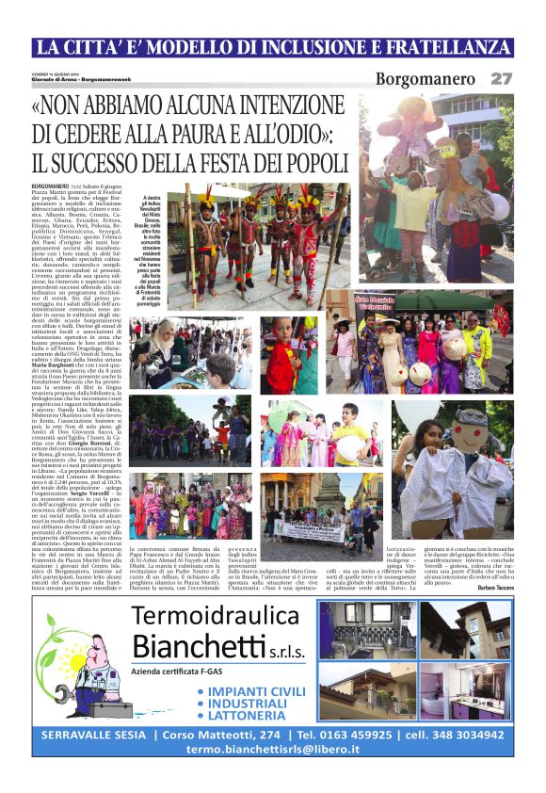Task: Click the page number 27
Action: [x=501, y=79]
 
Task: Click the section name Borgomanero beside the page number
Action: [x=426, y=79]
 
